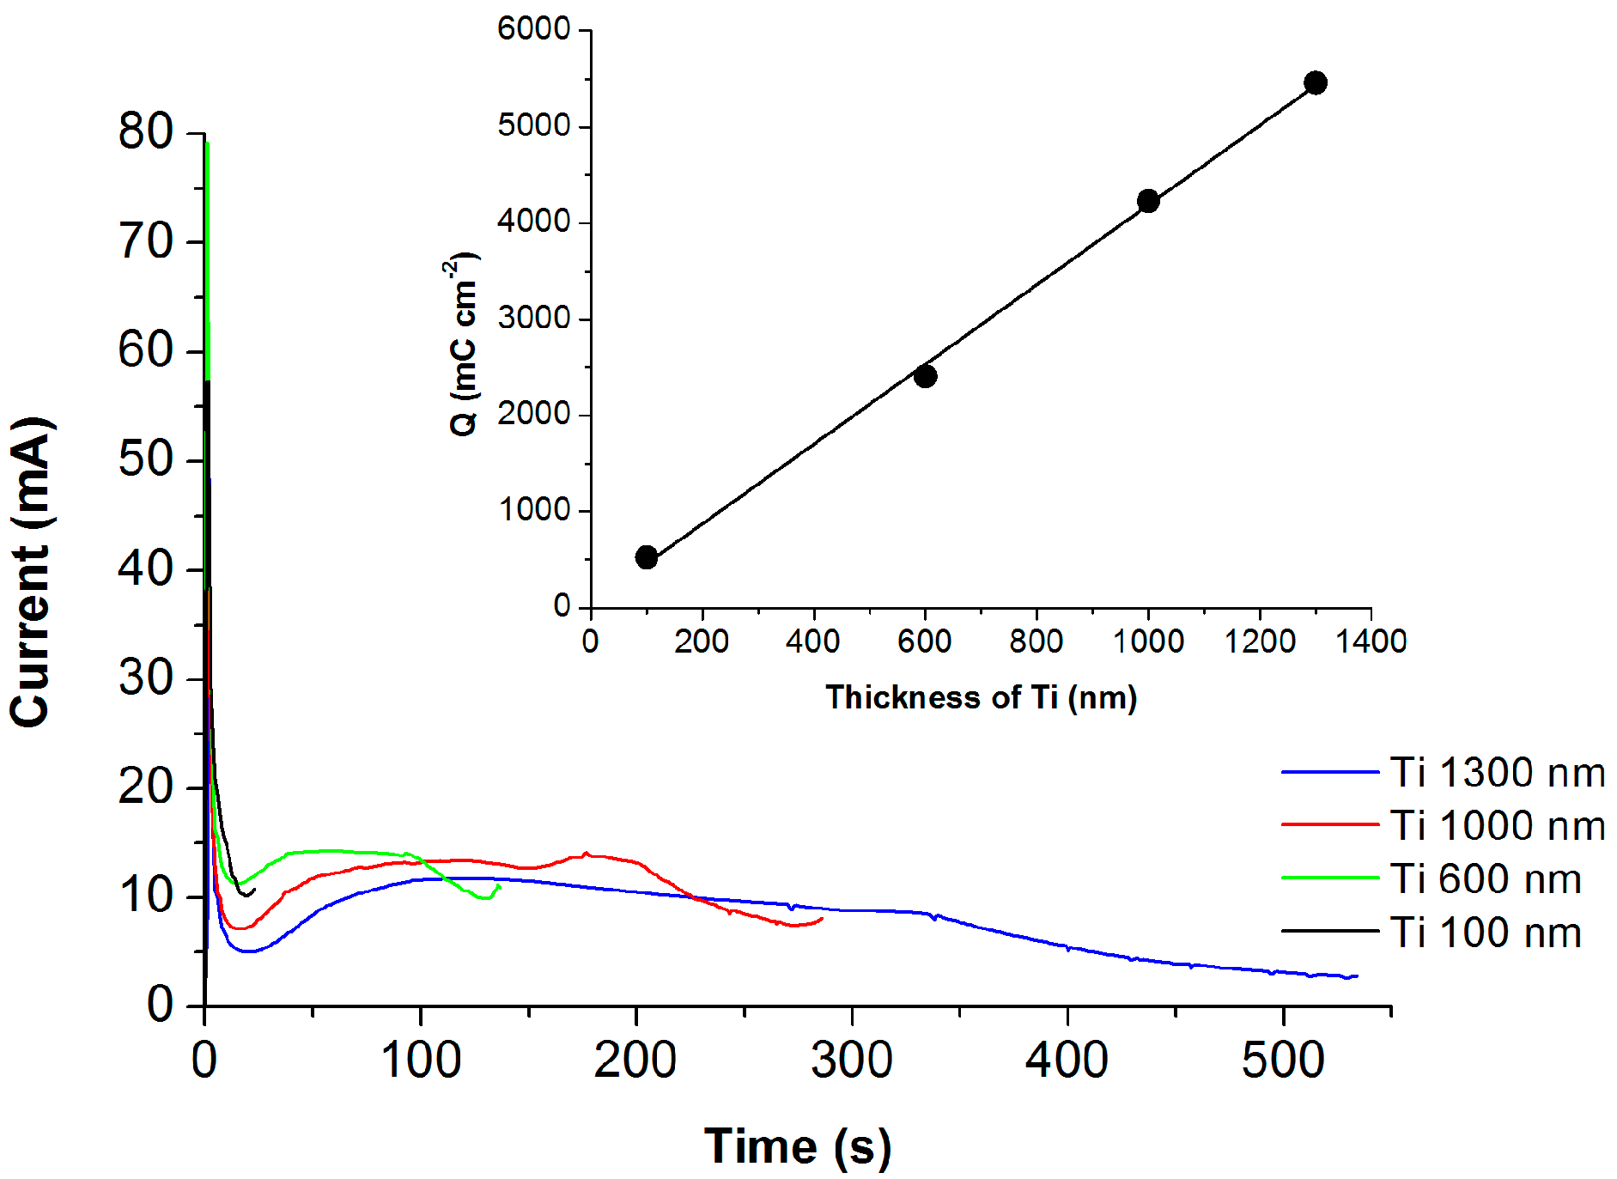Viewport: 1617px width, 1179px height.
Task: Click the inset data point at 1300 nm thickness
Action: coord(1315,82)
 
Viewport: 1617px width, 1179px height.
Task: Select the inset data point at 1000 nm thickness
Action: coord(1148,201)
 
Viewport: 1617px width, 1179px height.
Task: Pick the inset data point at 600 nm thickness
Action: coord(925,376)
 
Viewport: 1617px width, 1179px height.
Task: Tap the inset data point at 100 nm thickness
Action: coord(647,557)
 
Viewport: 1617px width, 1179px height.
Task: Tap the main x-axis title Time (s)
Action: coord(798,1146)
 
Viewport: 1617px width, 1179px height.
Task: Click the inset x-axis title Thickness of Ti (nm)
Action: coord(981,697)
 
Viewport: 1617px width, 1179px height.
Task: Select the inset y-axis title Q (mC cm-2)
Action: coord(465,343)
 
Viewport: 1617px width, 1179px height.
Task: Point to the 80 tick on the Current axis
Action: coord(146,132)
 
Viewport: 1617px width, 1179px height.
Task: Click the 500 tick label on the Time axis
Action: coord(1283,1060)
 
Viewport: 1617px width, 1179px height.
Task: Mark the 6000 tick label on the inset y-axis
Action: coord(533,29)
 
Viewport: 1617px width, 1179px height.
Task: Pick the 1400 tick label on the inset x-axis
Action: coord(1371,641)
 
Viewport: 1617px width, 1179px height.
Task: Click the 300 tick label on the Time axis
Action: coord(851,1060)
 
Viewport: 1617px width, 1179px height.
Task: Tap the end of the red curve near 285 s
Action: coord(822,919)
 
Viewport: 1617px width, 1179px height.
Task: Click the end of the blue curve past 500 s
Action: coord(1357,975)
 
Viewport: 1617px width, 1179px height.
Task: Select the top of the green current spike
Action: coord(207,143)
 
